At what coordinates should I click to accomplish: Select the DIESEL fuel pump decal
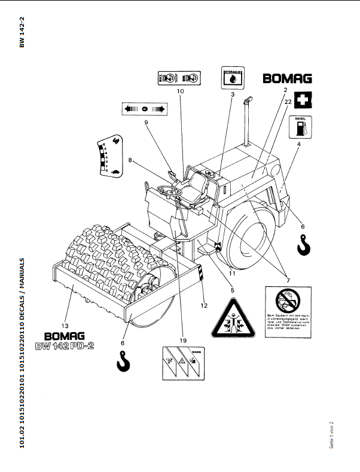pos(301,127)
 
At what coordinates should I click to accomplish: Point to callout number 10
pos(180,92)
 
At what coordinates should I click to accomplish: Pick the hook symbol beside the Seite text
pos(304,244)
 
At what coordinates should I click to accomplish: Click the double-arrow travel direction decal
pos(144,109)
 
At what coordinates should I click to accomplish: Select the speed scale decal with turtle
pos(108,156)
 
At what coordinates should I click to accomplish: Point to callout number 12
pos(204,306)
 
